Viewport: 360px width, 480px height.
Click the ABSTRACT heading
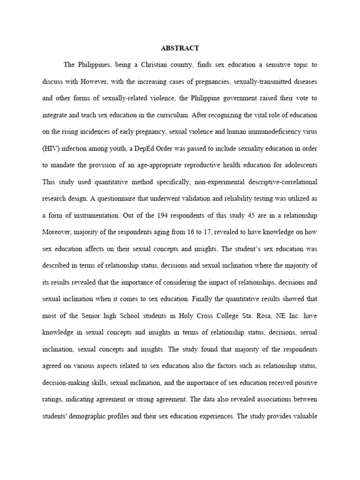[180, 48]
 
